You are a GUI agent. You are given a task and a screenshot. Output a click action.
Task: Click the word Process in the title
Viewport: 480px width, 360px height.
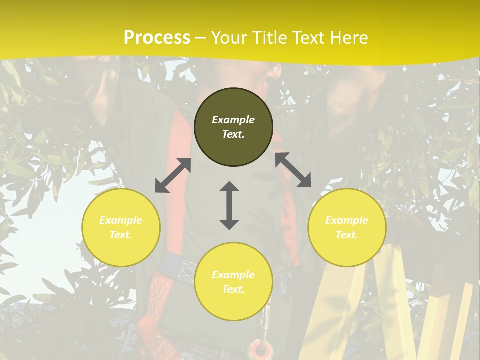tap(157, 38)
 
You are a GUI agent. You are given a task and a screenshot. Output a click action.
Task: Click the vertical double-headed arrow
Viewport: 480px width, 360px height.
tap(229, 205)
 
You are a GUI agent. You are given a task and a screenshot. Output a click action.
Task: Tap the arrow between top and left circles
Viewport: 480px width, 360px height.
tap(173, 175)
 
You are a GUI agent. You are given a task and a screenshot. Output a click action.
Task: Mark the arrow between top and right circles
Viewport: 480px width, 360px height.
tap(293, 170)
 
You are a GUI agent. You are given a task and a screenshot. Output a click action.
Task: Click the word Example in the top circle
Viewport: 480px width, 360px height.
tap(233, 120)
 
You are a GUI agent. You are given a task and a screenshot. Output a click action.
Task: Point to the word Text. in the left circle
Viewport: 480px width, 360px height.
tap(121, 235)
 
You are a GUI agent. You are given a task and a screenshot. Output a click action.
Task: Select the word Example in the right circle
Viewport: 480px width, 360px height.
tap(347, 220)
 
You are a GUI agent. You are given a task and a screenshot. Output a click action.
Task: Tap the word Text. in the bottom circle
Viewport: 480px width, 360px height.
tap(233, 289)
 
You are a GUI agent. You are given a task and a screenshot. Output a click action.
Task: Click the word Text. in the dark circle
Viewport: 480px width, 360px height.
tap(233, 134)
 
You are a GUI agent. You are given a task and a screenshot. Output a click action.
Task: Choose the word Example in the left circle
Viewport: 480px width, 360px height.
tap(121, 220)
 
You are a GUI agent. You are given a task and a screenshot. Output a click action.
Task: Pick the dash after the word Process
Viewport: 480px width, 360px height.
tap(200, 38)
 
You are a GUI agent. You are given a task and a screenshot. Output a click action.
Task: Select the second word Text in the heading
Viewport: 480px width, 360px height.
tap(306, 38)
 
